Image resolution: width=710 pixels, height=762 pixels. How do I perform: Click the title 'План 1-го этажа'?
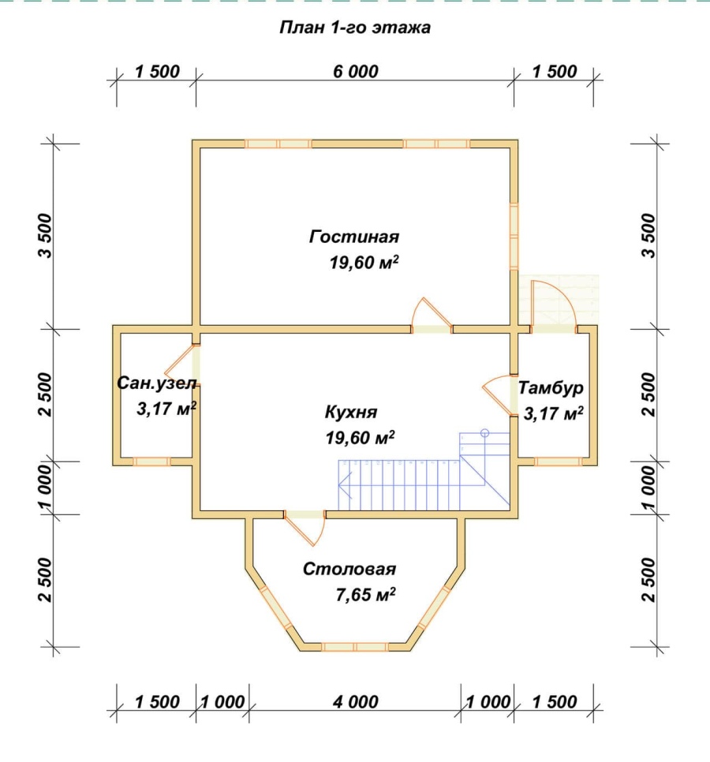(x=355, y=27)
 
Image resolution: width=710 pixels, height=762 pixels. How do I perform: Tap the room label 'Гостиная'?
(x=354, y=237)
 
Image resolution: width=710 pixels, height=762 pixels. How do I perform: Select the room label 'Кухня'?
(x=351, y=412)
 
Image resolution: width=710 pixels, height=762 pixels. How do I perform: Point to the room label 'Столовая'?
(x=349, y=569)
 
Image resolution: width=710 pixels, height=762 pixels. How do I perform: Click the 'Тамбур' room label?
(x=551, y=388)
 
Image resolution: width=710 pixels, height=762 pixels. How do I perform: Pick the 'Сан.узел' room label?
(x=157, y=383)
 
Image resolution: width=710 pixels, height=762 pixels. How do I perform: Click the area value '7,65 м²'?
(x=365, y=594)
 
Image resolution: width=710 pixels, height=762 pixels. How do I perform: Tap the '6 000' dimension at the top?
(x=355, y=72)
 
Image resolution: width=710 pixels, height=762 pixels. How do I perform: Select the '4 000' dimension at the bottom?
(x=355, y=702)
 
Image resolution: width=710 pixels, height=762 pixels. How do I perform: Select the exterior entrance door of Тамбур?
(x=554, y=306)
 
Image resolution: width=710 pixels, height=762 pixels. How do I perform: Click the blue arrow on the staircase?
(x=346, y=485)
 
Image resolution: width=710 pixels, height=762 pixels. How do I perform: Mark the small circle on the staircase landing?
(x=484, y=433)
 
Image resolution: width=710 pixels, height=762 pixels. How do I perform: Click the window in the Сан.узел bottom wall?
(x=152, y=461)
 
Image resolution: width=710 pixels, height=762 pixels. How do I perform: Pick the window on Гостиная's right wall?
(x=514, y=236)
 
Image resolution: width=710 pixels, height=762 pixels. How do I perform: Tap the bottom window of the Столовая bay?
(x=355, y=647)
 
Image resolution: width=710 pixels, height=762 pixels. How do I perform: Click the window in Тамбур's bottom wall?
(x=559, y=461)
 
